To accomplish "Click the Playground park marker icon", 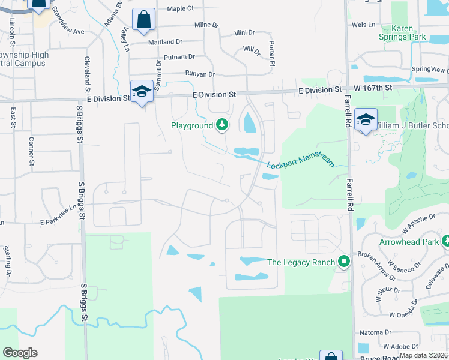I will point(223,125).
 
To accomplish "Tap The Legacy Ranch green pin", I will point(344,262).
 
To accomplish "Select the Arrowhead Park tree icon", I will point(446,242).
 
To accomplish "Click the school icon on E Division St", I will point(142,91).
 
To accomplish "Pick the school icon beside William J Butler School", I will point(365,119).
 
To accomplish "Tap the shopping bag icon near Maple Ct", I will point(144,19).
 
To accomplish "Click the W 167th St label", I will point(372,88).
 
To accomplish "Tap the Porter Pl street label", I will point(272,54).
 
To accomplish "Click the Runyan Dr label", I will point(200,74).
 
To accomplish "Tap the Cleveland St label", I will point(88,70).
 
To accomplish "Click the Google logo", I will point(20,353).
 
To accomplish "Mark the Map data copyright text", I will point(423,355).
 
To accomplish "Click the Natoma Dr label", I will point(375,332).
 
